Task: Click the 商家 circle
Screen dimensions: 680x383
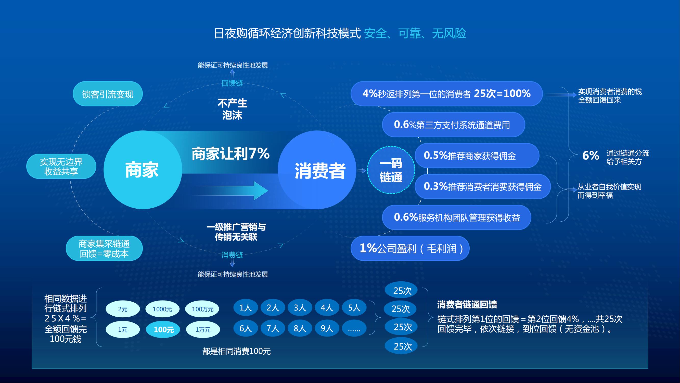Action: point(143,170)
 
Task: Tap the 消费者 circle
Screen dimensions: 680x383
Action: point(317,170)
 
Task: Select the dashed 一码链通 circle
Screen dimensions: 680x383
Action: point(391,170)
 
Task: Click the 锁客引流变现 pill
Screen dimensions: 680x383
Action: point(108,94)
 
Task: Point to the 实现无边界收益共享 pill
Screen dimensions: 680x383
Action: point(61,166)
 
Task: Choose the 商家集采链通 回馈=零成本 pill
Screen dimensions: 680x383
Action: point(104,248)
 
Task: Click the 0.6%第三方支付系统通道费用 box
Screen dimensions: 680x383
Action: point(454,125)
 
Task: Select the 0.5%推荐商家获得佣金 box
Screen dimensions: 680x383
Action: point(477,155)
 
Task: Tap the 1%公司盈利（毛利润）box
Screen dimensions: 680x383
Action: point(410,248)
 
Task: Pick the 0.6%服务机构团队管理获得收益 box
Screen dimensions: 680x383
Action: point(456,217)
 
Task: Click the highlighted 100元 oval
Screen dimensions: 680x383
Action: point(163,329)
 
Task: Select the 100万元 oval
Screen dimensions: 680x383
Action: point(202,309)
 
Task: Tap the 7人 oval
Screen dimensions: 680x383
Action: point(273,328)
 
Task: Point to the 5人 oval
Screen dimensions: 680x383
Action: point(354,307)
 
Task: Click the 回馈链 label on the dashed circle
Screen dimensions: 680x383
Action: point(232,83)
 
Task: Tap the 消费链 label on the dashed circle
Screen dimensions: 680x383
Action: point(232,255)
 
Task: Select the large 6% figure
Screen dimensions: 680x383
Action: point(591,155)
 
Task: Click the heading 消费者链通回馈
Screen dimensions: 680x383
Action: point(467,305)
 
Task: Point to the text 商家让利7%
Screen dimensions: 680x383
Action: point(230,153)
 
